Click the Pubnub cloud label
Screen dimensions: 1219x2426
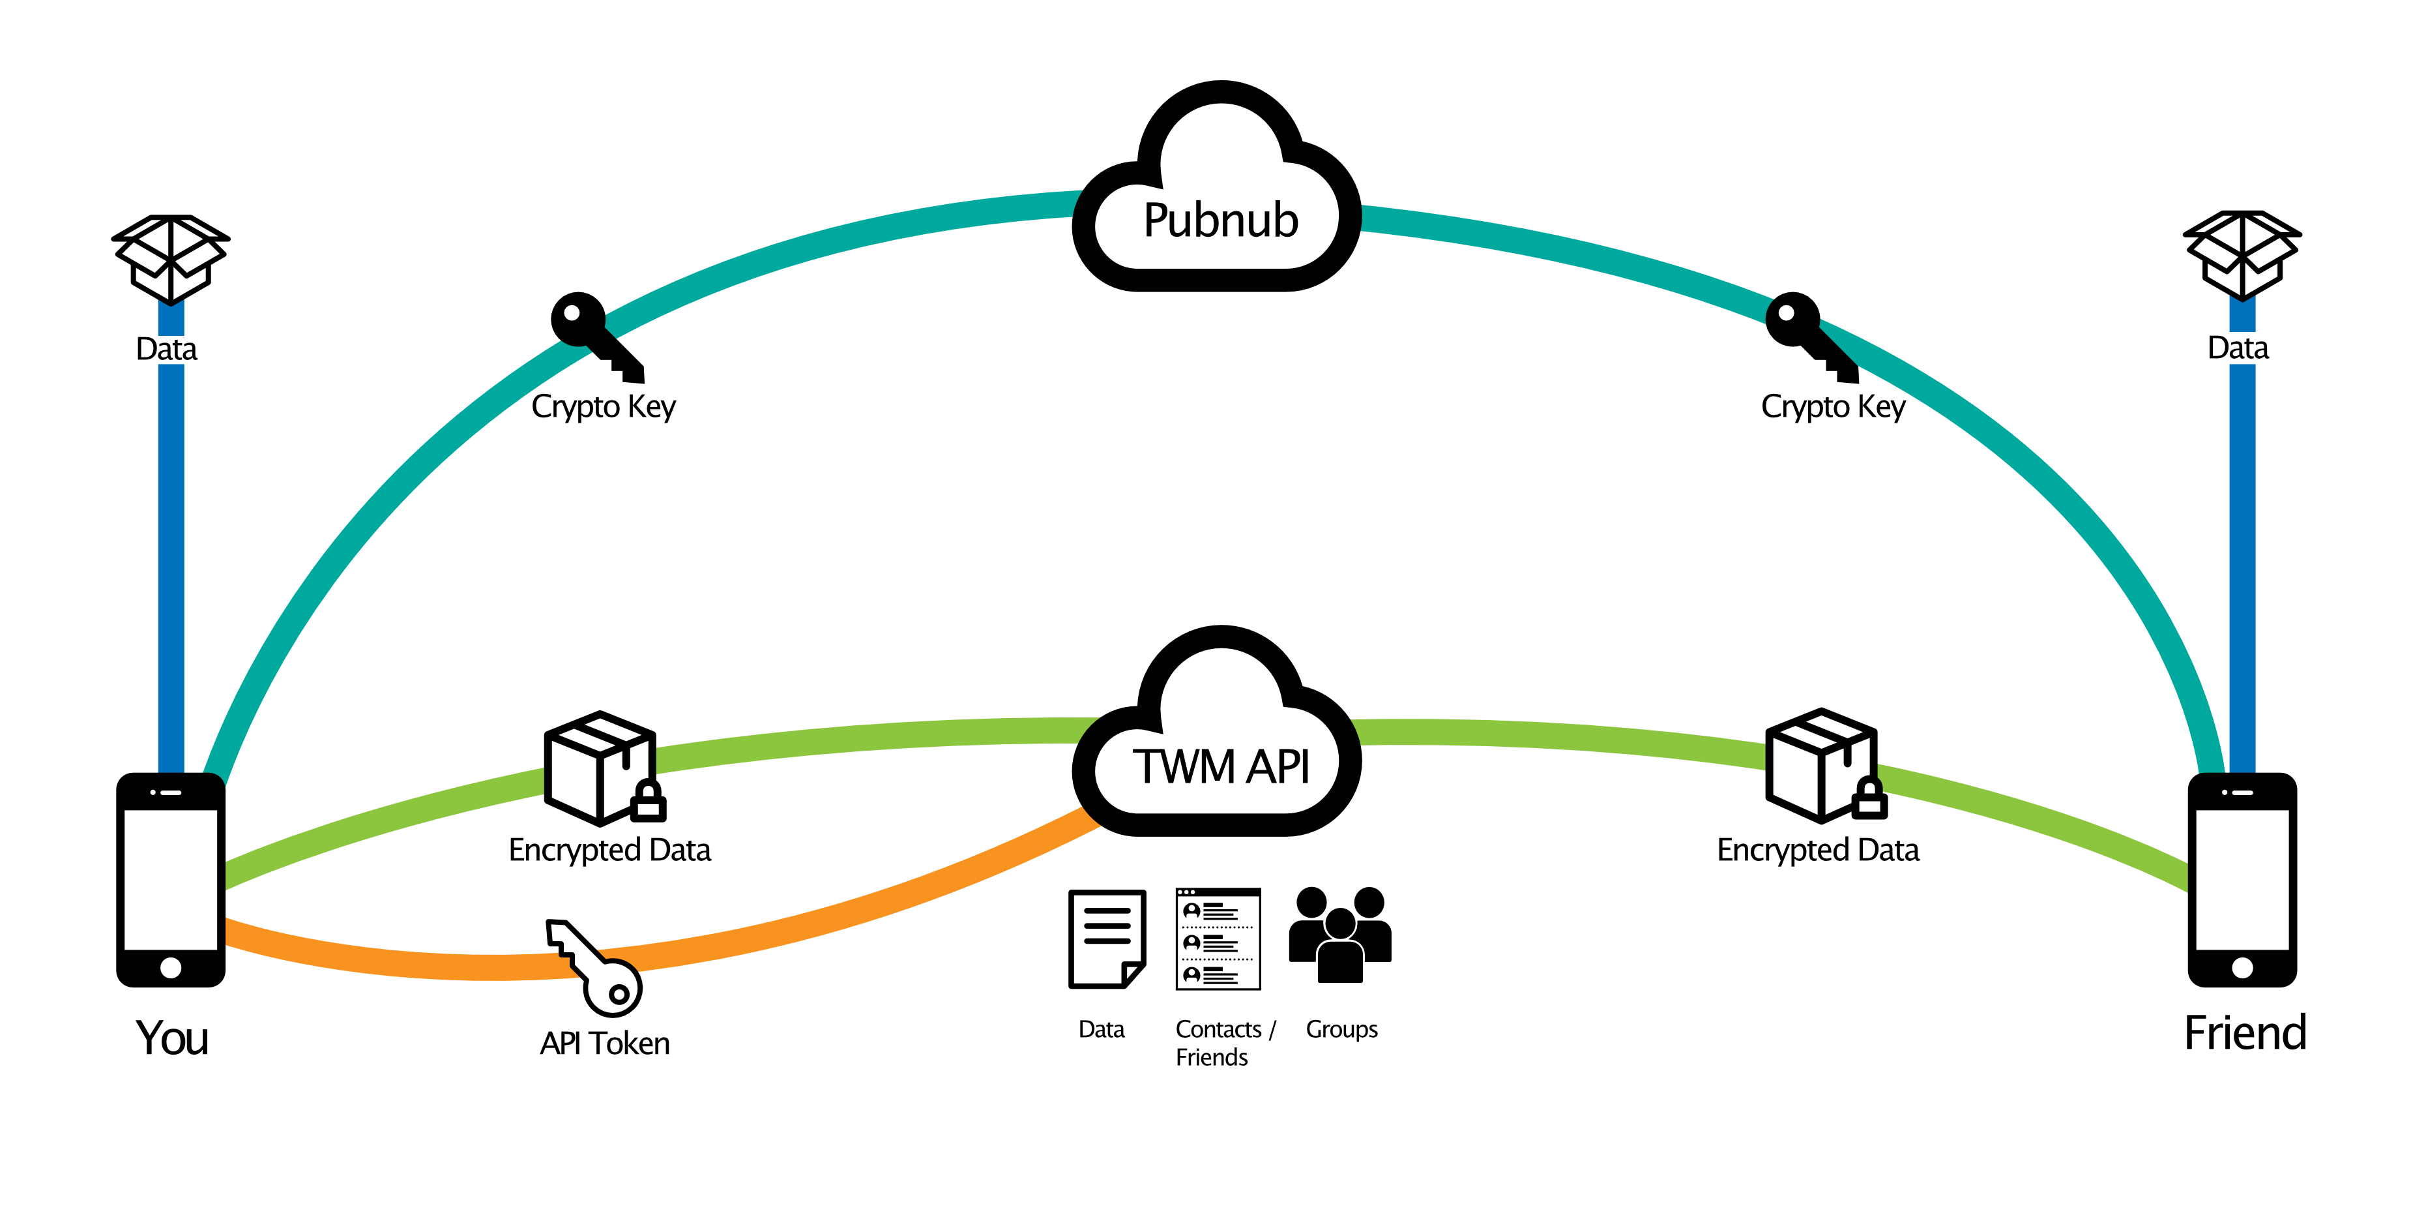click(1221, 220)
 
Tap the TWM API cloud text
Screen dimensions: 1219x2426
click(1221, 766)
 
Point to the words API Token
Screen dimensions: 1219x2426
click(605, 1043)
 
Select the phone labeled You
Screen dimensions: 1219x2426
click(171, 880)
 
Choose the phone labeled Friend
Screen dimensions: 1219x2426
click(2242, 880)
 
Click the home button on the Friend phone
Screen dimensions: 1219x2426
click(2242, 967)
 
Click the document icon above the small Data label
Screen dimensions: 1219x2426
click(1107, 939)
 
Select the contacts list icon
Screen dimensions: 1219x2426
click(1218, 939)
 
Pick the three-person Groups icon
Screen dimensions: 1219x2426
click(1340, 935)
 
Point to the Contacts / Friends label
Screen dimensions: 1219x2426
click(1224, 1043)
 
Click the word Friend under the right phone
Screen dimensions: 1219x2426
click(2245, 1032)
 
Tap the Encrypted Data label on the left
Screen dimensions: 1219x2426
click(609, 850)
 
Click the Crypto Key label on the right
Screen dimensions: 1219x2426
click(1833, 407)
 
